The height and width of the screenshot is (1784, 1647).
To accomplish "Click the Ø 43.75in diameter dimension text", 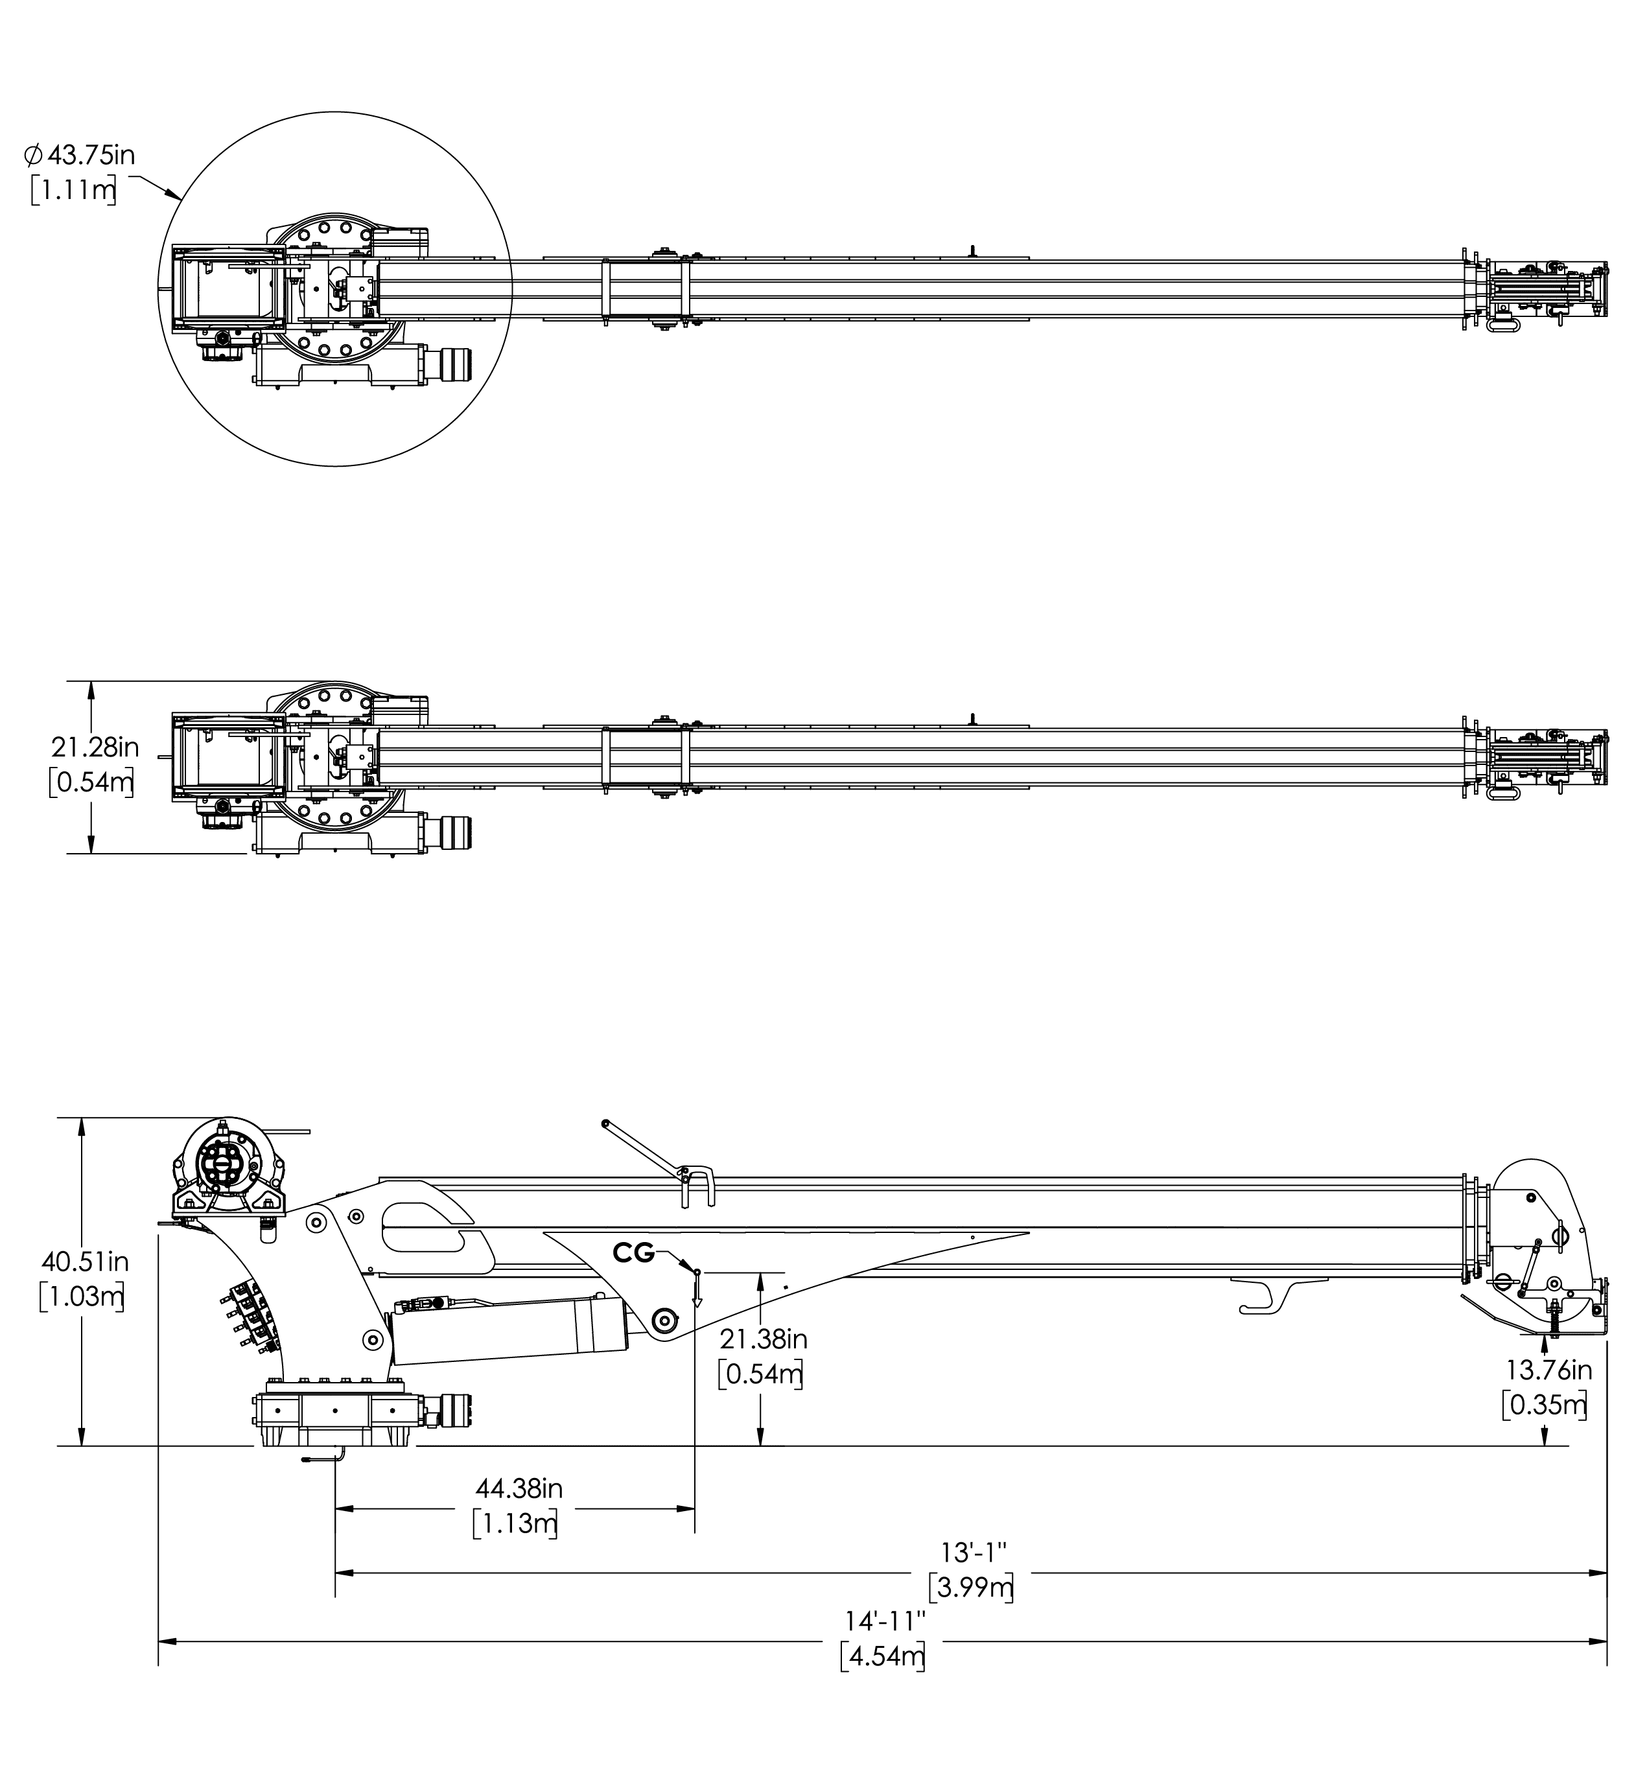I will (x=80, y=155).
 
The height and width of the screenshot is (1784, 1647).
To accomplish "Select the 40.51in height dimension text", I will (x=86, y=1262).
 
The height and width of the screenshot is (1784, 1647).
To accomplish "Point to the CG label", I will (x=634, y=1254).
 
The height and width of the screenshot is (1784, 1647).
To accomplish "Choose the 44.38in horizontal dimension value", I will (x=519, y=1488).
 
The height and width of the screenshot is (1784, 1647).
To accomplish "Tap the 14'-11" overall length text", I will (x=886, y=1618).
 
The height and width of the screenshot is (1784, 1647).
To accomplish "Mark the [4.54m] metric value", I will (x=882, y=1656).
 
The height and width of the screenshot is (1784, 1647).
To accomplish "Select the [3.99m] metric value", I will (x=972, y=1588).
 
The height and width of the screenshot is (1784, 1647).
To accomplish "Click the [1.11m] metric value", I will (x=74, y=190).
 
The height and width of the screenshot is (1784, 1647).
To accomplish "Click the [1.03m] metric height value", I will (x=82, y=1297).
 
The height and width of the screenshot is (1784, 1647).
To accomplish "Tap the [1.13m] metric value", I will (x=515, y=1523).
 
